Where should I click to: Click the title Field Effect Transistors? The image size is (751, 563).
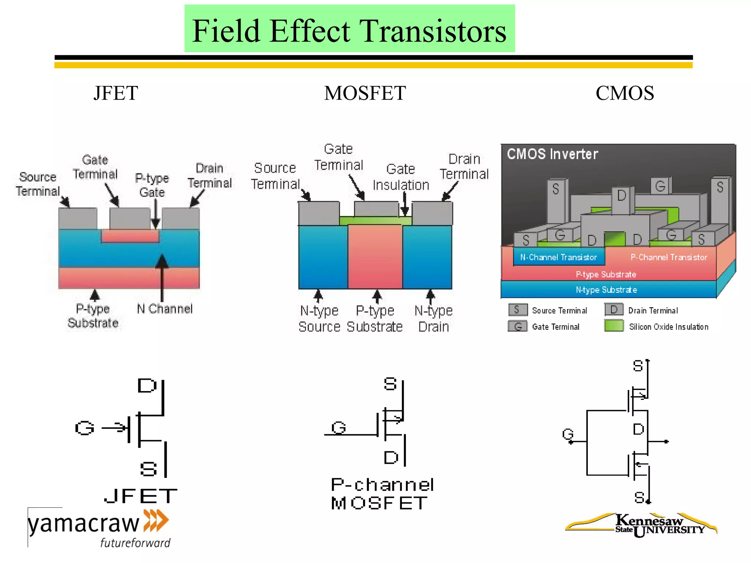click(x=349, y=31)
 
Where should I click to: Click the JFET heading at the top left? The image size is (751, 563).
click(x=116, y=93)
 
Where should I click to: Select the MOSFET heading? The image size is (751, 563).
click(x=365, y=93)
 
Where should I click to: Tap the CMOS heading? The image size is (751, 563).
click(x=624, y=93)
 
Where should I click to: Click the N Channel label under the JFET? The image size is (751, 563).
click(x=165, y=309)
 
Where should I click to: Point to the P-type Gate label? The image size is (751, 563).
click(x=152, y=185)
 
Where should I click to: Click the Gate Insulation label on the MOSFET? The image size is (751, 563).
click(x=401, y=177)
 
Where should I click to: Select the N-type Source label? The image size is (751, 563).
click(x=319, y=319)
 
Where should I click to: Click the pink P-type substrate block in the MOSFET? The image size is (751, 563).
click(x=375, y=257)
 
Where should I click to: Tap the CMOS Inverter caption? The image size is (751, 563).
click(x=552, y=154)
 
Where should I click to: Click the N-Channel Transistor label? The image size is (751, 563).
click(x=558, y=257)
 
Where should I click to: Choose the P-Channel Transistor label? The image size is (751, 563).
click(x=668, y=257)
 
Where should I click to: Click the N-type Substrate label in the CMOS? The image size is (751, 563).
click(x=606, y=290)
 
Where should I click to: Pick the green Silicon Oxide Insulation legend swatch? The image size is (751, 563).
click(x=614, y=325)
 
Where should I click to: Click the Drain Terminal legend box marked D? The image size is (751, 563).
click(x=614, y=310)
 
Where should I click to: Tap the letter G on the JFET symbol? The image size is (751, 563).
click(x=85, y=428)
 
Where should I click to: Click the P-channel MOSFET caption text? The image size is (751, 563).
click(x=382, y=494)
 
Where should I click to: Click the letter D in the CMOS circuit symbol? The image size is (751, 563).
click(x=638, y=429)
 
